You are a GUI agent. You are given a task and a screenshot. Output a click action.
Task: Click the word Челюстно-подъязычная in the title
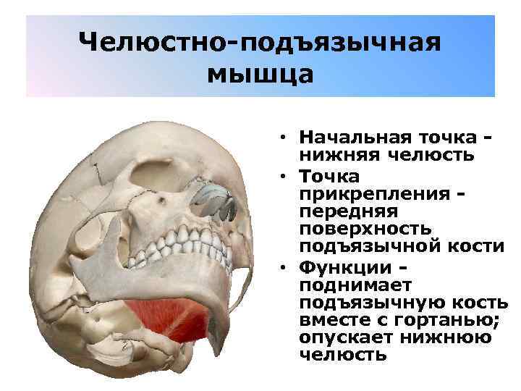260,43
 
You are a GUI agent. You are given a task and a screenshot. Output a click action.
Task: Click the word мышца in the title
260,74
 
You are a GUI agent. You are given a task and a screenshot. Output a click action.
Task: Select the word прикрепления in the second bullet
372,193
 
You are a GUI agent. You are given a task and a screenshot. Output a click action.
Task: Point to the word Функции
340,269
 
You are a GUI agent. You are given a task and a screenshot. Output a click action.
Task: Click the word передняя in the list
347,211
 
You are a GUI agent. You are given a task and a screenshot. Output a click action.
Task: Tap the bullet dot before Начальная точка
287,138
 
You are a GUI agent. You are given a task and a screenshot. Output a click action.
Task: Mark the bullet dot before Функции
287,269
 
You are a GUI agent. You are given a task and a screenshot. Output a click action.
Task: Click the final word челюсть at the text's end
342,356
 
